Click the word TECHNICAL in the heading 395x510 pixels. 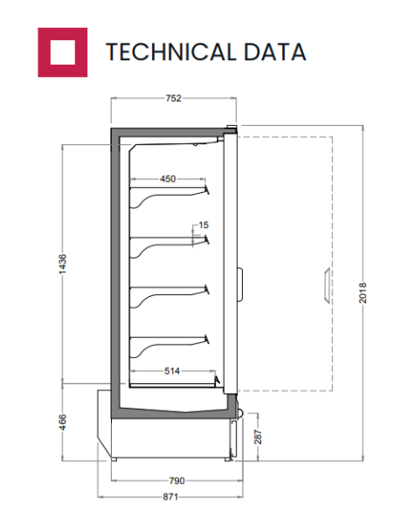coord(170,52)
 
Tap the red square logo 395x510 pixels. coord(62,52)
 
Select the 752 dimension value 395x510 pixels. coord(173,98)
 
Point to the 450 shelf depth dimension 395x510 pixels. coord(168,178)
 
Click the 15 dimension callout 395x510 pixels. coord(204,224)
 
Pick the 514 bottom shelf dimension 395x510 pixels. coord(172,371)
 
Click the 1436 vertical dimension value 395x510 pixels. coord(62,264)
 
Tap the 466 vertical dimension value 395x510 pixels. coord(62,422)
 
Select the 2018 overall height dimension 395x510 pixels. coord(363,293)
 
